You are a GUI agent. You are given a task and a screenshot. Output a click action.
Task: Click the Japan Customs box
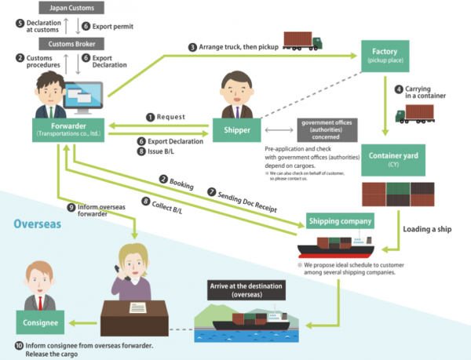click(x=71, y=9)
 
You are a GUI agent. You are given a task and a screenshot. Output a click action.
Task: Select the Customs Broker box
click(x=71, y=44)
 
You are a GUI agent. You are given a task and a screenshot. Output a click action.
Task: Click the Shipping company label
click(x=339, y=222)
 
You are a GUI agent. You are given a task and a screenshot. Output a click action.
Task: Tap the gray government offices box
click(x=327, y=128)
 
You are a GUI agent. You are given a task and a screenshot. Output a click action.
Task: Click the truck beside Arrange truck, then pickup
click(x=302, y=39)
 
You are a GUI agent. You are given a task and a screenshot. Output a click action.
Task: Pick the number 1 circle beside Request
click(x=149, y=116)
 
